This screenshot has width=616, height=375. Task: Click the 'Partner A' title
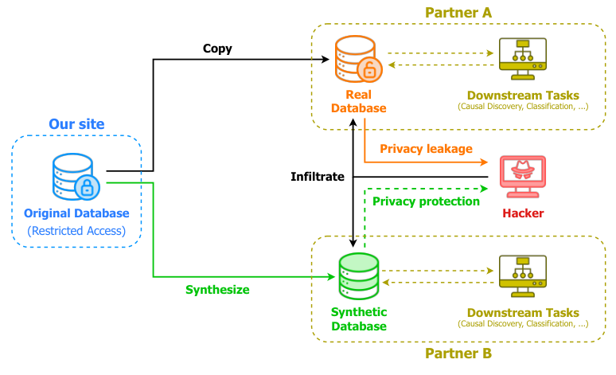click(458, 13)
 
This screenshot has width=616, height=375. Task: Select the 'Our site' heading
click(76, 124)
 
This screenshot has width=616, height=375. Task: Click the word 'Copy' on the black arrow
click(217, 49)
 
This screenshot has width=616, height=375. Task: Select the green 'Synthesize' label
click(217, 290)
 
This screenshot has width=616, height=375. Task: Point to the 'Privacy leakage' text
click(426, 149)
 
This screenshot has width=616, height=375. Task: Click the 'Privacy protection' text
click(426, 201)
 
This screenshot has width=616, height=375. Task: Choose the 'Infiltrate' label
click(317, 176)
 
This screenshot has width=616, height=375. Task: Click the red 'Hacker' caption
click(523, 213)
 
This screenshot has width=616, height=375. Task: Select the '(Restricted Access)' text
click(76, 231)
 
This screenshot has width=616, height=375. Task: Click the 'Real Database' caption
click(358, 102)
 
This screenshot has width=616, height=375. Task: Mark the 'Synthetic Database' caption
click(358, 319)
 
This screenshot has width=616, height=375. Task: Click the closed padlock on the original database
click(88, 187)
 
